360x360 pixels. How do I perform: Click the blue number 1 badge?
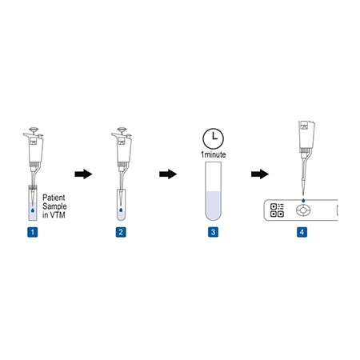click(32, 233)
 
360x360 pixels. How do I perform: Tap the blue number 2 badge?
click(120, 233)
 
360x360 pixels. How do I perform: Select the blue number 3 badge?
click(213, 233)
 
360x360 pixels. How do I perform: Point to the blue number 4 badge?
click(302, 233)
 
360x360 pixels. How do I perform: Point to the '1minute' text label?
click(213, 153)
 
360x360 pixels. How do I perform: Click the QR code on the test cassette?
click(278, 210)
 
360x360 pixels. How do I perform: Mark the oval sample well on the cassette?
click(305, 211)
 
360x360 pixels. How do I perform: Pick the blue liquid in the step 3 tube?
click(213, 207)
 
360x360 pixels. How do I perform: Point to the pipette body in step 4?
click(306, 140)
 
